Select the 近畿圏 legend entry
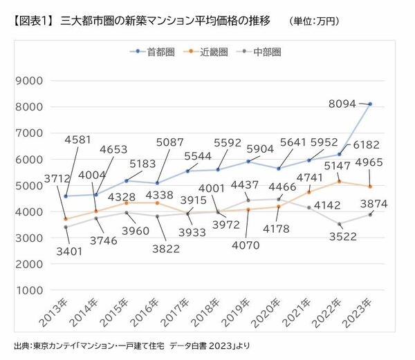tap(213, 52)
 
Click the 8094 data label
tap(342, 104)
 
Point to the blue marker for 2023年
tap(371, 104)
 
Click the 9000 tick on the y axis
tap(30, 80)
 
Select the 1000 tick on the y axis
tap(30, 290)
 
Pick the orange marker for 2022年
tap(340, 181)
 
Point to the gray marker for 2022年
tap(340, 224)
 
